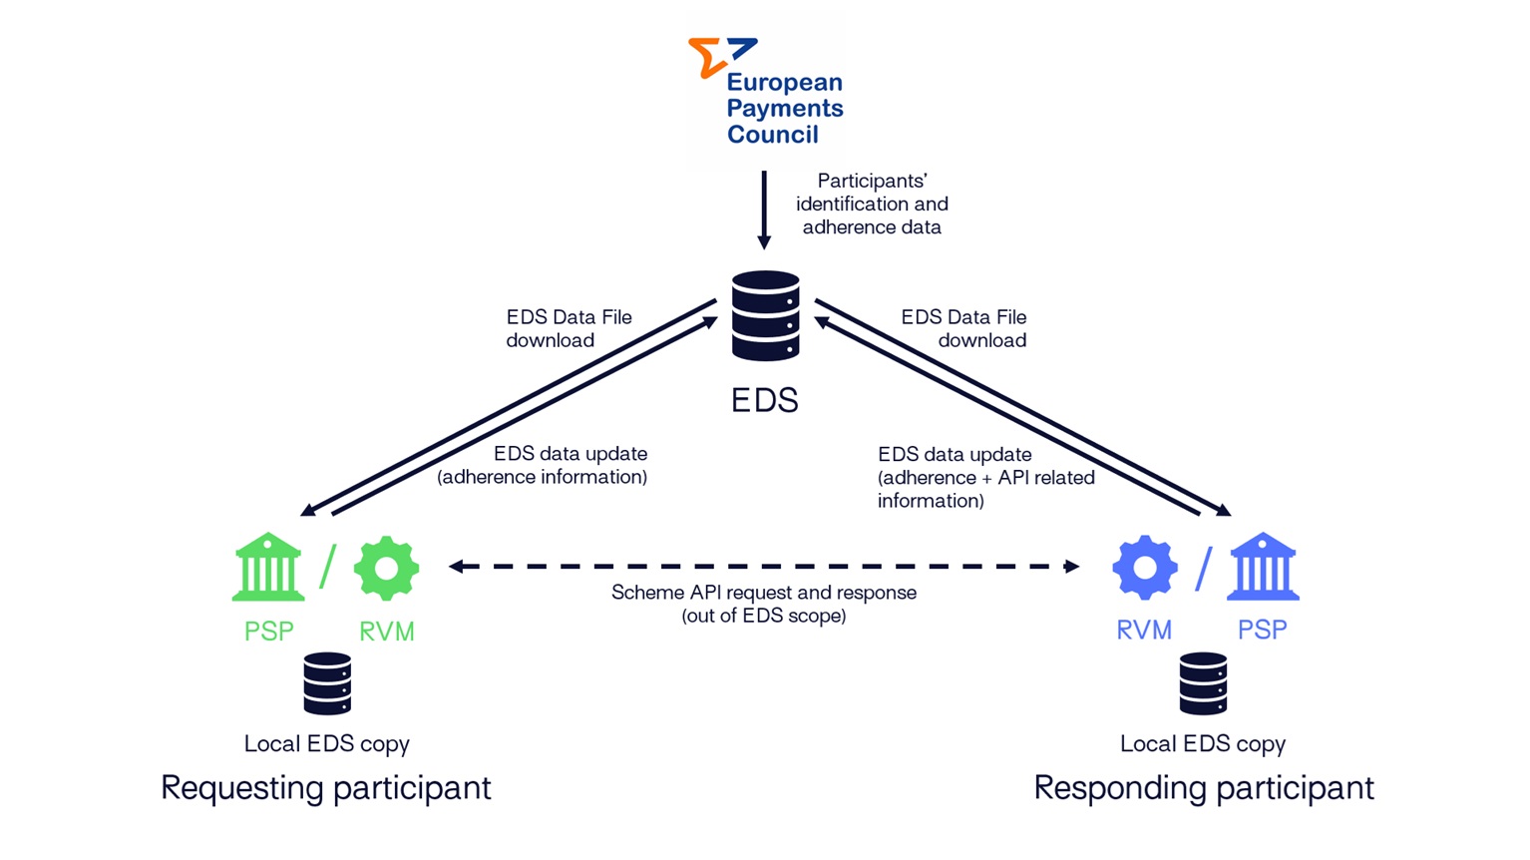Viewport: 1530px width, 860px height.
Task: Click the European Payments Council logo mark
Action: pyautogui.click(x=720, y=56)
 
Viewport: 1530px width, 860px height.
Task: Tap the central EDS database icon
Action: pyautogui.click(x=765, y=315)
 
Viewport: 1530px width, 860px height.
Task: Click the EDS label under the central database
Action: pyautogui.click(x=764, y=400)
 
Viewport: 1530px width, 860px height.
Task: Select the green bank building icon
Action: pyautogui.click(x=268, y=567)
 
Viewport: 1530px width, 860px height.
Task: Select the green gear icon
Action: pyautogui.click(x=386, y=568)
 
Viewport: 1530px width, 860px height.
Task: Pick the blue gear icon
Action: pyautogui.click(x=1145, y=567)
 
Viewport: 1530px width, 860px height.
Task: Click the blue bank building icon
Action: pyautogui.click(x=1263, y=567)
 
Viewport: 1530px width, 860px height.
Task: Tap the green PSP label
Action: pyautogui.click(x=268, y=632)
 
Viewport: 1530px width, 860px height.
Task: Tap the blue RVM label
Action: pyautogui.click(x=1144, y=631)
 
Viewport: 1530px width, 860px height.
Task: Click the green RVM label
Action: pyautogui.click(x=386, y=632)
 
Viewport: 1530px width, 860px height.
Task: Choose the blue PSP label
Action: pyautogui.click(x=1262, y=631)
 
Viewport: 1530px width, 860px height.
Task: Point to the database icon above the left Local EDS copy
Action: pyautogui.click(x=327, y=683)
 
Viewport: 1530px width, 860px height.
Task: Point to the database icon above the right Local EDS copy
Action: pyautogui.click(x=1203, y=683)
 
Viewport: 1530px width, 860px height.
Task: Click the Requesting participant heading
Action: pyautogui.click(x=325, y=788)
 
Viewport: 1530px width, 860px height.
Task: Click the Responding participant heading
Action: pyautogui.click(x=1203, y=788)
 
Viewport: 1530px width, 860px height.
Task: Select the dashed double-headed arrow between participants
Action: pyautogui.click(x=764, y=567)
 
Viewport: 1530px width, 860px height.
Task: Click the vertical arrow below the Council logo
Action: pyautogui.click(x=764, y=210)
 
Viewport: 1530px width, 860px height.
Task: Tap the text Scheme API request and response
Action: pyautogui.click(x=763, y=593)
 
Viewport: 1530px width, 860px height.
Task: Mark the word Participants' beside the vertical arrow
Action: pyautogui.click(x=872, y=181)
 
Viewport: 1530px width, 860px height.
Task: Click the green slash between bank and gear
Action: pyautogui.click(x=327, y=567)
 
